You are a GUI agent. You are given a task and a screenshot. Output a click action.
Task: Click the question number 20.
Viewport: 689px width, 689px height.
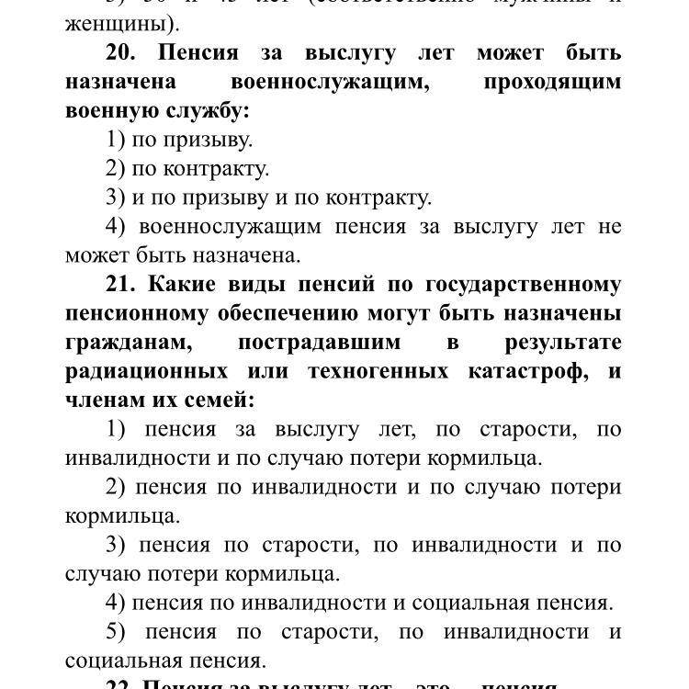120,52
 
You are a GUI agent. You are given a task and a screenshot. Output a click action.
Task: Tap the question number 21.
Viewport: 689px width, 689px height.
120,285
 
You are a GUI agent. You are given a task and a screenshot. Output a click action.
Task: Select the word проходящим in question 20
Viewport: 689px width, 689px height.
552,82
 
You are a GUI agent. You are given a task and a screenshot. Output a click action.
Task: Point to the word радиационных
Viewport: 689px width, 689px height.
146,372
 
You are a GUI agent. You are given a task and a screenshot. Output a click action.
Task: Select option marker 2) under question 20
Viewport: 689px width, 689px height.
116,168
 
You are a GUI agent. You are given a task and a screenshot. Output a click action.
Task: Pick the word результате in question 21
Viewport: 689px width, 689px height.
562,343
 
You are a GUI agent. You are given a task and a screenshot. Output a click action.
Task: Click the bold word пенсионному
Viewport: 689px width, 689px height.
137,313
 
